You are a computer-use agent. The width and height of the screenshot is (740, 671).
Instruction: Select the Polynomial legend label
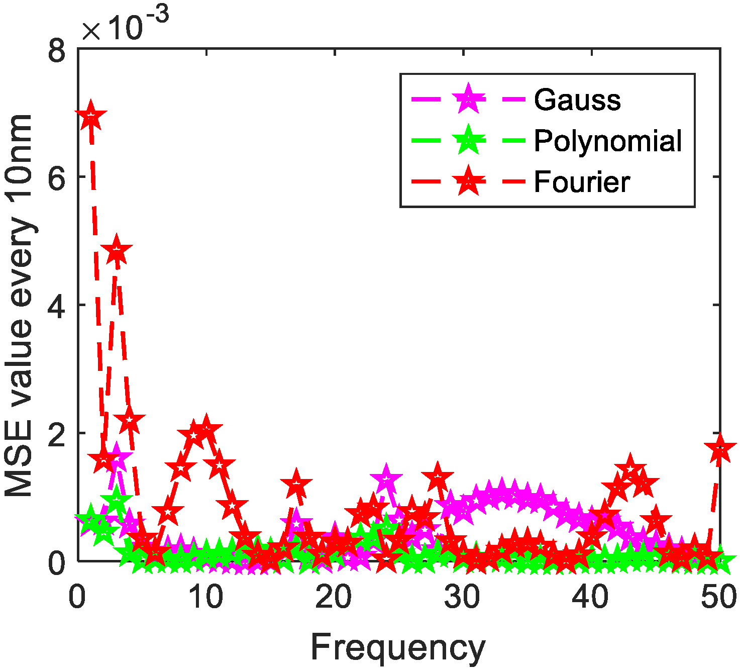pyautogui.click(x=607, y=141)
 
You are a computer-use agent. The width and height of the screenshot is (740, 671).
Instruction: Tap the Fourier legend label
pyautogui.click(x=581, y=181)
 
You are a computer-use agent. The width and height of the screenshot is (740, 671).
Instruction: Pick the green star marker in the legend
pyautogui.click(x=468, y=140)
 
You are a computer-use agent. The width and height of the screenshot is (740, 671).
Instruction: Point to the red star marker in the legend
pyautogui.click(x=468, y=181)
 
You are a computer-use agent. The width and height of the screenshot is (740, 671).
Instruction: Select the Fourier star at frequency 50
pyautogui.click(x=720, y=449)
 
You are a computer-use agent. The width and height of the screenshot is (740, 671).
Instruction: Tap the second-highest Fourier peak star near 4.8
pyautogui.click(x=117, y=250)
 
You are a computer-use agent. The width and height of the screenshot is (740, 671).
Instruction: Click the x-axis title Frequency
pyautogui.click(x=398, y=648)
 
